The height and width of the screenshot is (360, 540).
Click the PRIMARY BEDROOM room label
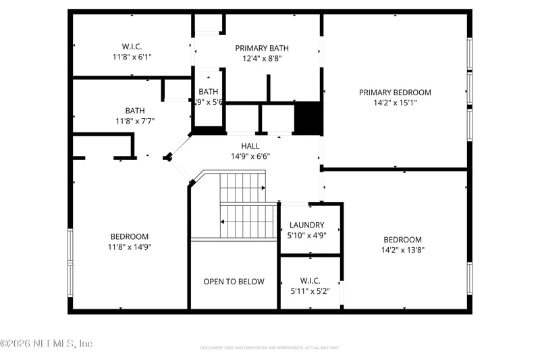(x=395, y=93)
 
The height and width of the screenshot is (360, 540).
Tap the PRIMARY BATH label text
(x=262, y=48)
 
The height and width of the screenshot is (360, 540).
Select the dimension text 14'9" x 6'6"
(x=250, y=157)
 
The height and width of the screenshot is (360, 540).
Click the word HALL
(x=250, y=146)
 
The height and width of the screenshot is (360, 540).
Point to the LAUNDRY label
(x=306, y=225)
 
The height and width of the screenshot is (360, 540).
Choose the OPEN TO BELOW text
(x=234, y=282)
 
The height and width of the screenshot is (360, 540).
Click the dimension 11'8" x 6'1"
(x=132, y=57)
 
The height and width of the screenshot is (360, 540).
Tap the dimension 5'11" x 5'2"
(x=310, y=292)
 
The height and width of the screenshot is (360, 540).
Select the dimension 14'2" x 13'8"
(x=402, y=250)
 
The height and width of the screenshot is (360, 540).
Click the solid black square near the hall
(x=308, y=118)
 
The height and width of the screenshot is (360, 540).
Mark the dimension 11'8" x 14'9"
(x=130, y=247)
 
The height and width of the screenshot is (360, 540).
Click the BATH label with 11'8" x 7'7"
(x=135, y=111)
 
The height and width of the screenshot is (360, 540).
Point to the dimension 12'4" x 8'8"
(x=262, y=59)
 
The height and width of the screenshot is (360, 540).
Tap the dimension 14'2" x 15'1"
(x=395, y=103)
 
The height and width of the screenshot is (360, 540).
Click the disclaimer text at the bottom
(x=269, y=348)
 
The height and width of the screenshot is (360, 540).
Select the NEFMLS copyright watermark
(x=46, y=343)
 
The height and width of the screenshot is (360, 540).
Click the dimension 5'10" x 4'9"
(x=306, y=236)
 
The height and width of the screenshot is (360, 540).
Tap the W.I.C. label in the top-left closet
(x=132, y=47)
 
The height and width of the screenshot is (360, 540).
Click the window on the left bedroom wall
(x=70, y=263)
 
